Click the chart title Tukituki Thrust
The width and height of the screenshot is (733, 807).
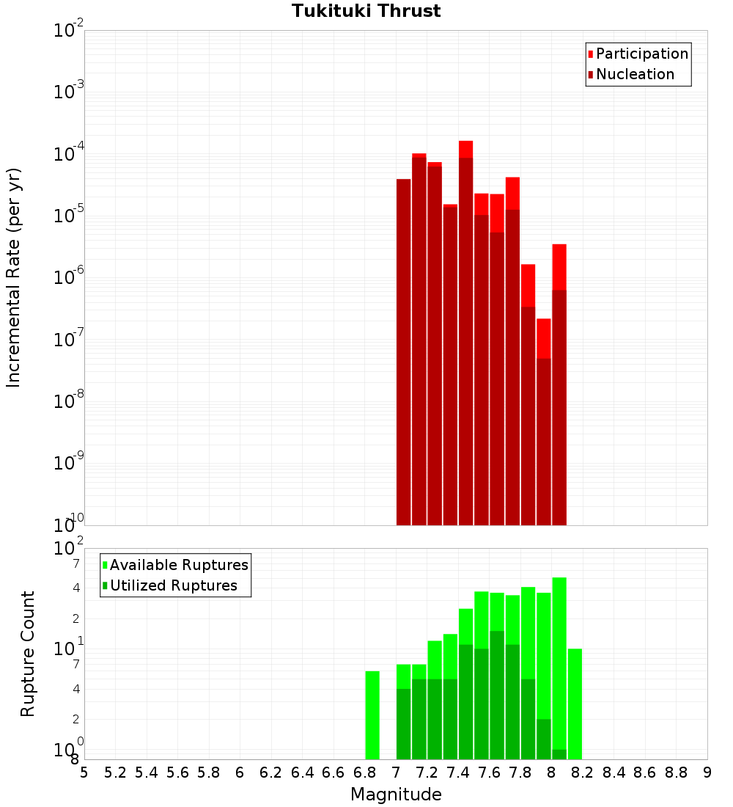pos(366,11)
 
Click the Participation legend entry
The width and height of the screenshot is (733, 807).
pos(641,54)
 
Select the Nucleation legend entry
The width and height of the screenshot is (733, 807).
pos(634,74)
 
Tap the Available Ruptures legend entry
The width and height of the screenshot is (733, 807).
pos(178,565)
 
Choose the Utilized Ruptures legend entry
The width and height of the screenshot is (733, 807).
pos(173,585)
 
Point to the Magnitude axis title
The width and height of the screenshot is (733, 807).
pos(396,795)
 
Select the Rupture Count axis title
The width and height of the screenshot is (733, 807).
pos(28,654)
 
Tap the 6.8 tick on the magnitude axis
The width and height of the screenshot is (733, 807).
pos(365,773)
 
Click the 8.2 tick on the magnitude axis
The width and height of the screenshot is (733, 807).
pos(583,773)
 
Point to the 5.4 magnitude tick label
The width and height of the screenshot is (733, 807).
pos(147,773)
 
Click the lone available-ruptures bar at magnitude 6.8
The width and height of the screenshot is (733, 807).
pos(372,715)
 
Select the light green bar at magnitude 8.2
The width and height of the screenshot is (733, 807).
pos(575,704)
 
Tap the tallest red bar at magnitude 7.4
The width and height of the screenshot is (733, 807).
pos(465,330)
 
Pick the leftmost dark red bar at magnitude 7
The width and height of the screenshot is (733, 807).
pos(403,352)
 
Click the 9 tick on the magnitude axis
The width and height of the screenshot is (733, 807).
pos(707,773)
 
